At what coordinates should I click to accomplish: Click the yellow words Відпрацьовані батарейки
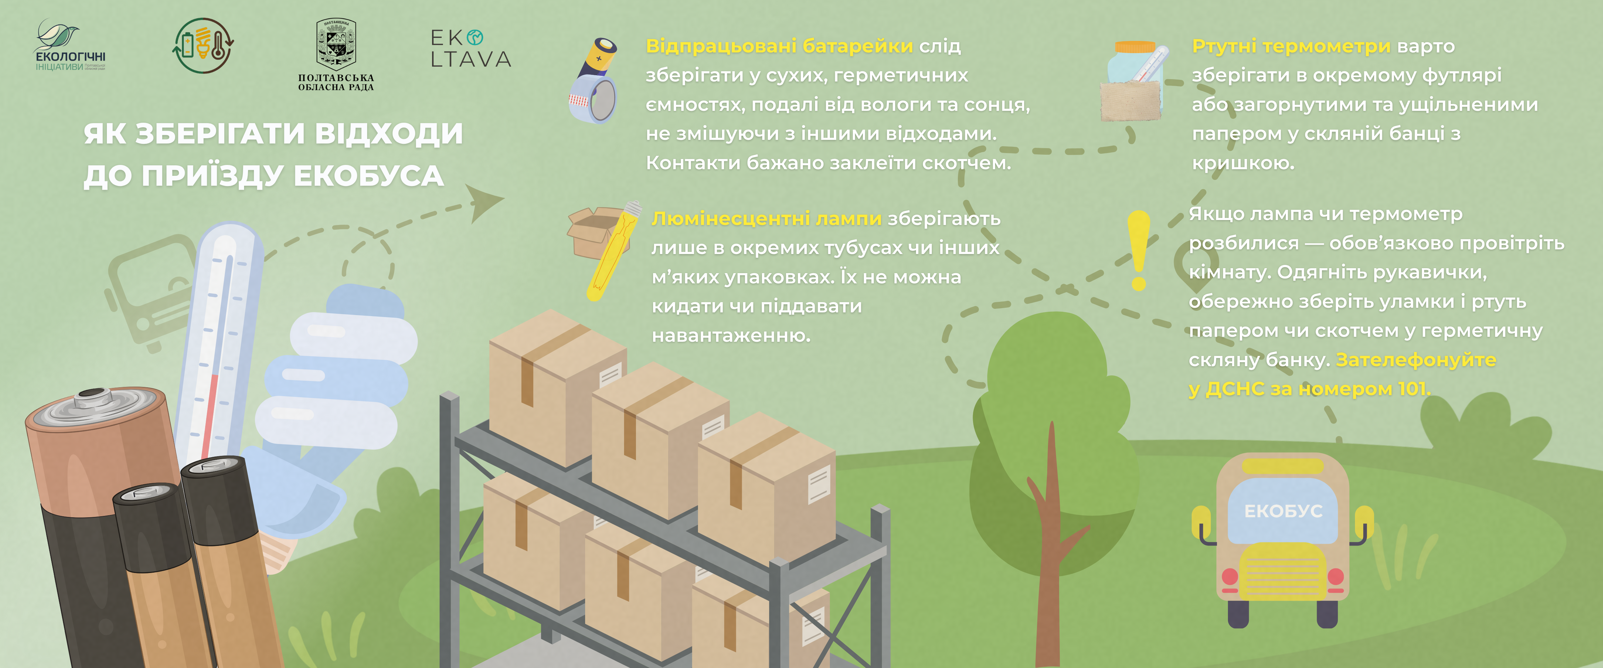pyautogui.click(x=779, y=46)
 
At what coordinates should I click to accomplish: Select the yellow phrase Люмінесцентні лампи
pyautogui.click(x=766, y=218)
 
